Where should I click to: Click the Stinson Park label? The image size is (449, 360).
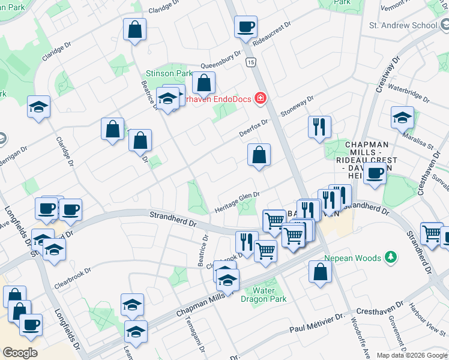pos(167,74)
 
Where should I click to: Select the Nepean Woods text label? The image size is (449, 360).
pos(352,258)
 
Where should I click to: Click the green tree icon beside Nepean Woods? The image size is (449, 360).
pos(391,257)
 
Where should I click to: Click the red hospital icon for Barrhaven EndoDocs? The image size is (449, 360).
pos(261,98)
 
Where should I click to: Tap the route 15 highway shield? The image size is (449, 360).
pos(250,62)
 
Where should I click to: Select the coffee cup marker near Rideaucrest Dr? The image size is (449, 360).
pos(246,27)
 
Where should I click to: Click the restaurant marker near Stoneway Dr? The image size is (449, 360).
pos(319,127)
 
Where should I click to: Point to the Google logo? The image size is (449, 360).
pos(20,353)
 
